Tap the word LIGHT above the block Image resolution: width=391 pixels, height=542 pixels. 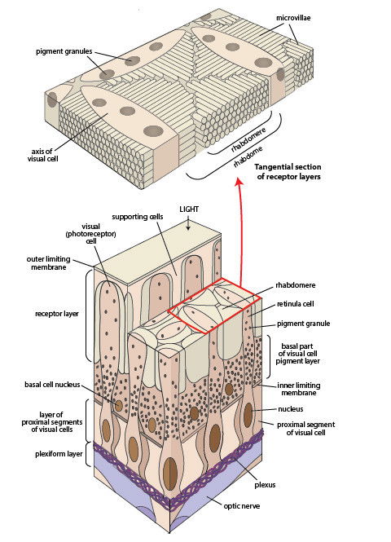[189, 209]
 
